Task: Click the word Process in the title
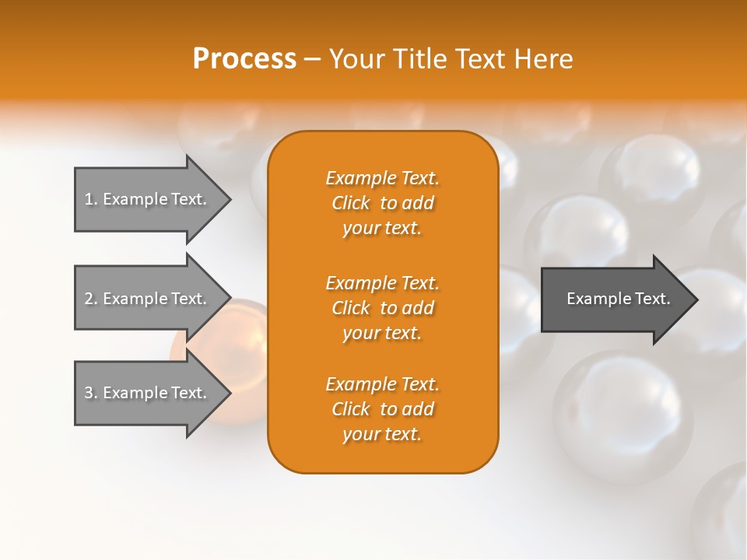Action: [x=244, y=59]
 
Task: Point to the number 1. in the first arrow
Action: [x=91, y=199]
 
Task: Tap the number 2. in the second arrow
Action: [x=91, y=299]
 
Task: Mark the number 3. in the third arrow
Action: [x=91, y=393]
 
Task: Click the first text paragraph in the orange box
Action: [x=382, y=203]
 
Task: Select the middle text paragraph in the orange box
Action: [x=382, y=308]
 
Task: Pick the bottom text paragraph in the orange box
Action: [x=382, y=409]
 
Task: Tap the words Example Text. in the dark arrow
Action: [x=618, y=299]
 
